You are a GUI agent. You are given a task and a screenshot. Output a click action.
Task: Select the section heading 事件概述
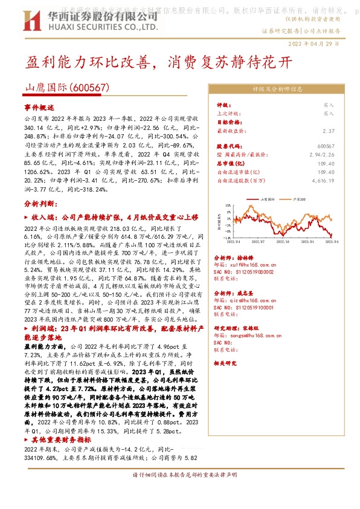pyautogui.click(x=39, y=106)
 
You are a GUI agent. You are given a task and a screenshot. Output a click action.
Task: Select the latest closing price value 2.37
pyautogui.click(x=329, y=131)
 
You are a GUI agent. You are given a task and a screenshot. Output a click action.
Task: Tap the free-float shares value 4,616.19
pyautogui.click(x=324, y=180)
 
